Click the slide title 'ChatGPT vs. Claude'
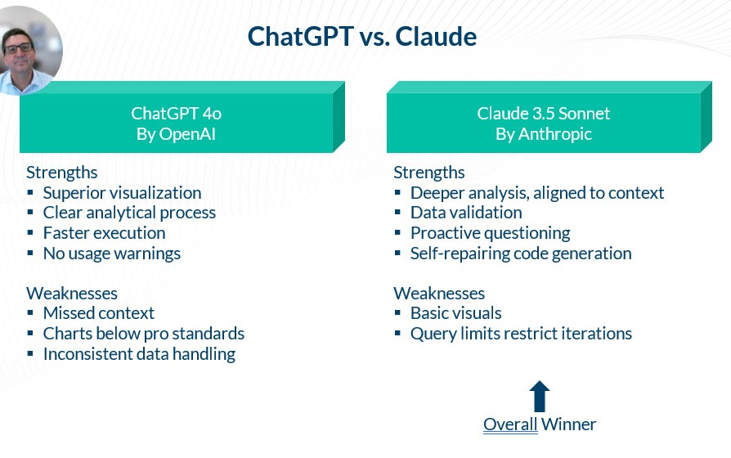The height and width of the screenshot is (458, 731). coord(361,36)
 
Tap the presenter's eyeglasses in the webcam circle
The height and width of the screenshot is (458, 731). coord(19,47)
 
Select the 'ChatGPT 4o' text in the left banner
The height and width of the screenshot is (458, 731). coord(177,114)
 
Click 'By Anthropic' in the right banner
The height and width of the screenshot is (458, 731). coord(544,134)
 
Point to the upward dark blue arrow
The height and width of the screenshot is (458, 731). coord(540,396)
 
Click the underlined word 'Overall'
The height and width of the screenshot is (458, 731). coord(510,424)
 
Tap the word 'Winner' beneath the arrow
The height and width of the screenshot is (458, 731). coord(569,424)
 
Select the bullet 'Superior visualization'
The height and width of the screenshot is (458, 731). coord(122,193)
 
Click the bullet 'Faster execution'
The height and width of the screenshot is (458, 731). coord(105,233)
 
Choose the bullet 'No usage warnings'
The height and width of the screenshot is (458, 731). coord(112,254)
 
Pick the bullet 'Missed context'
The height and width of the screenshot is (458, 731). coord(99,313)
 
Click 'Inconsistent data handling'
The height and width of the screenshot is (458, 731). coord(139,354)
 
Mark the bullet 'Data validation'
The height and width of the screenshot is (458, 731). coord(466,213)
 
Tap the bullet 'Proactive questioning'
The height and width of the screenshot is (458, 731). coord(491,233)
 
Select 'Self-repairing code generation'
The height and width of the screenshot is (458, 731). coord(521,254)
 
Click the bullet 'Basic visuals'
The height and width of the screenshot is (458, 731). coord(456,313)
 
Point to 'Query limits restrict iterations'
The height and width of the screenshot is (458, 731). coord(521,334)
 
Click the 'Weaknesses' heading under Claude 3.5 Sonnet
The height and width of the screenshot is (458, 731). coord(439,294)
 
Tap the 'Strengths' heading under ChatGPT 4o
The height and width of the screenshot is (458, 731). coord(62,173)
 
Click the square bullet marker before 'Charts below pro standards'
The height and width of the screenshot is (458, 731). coord(30,333)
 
